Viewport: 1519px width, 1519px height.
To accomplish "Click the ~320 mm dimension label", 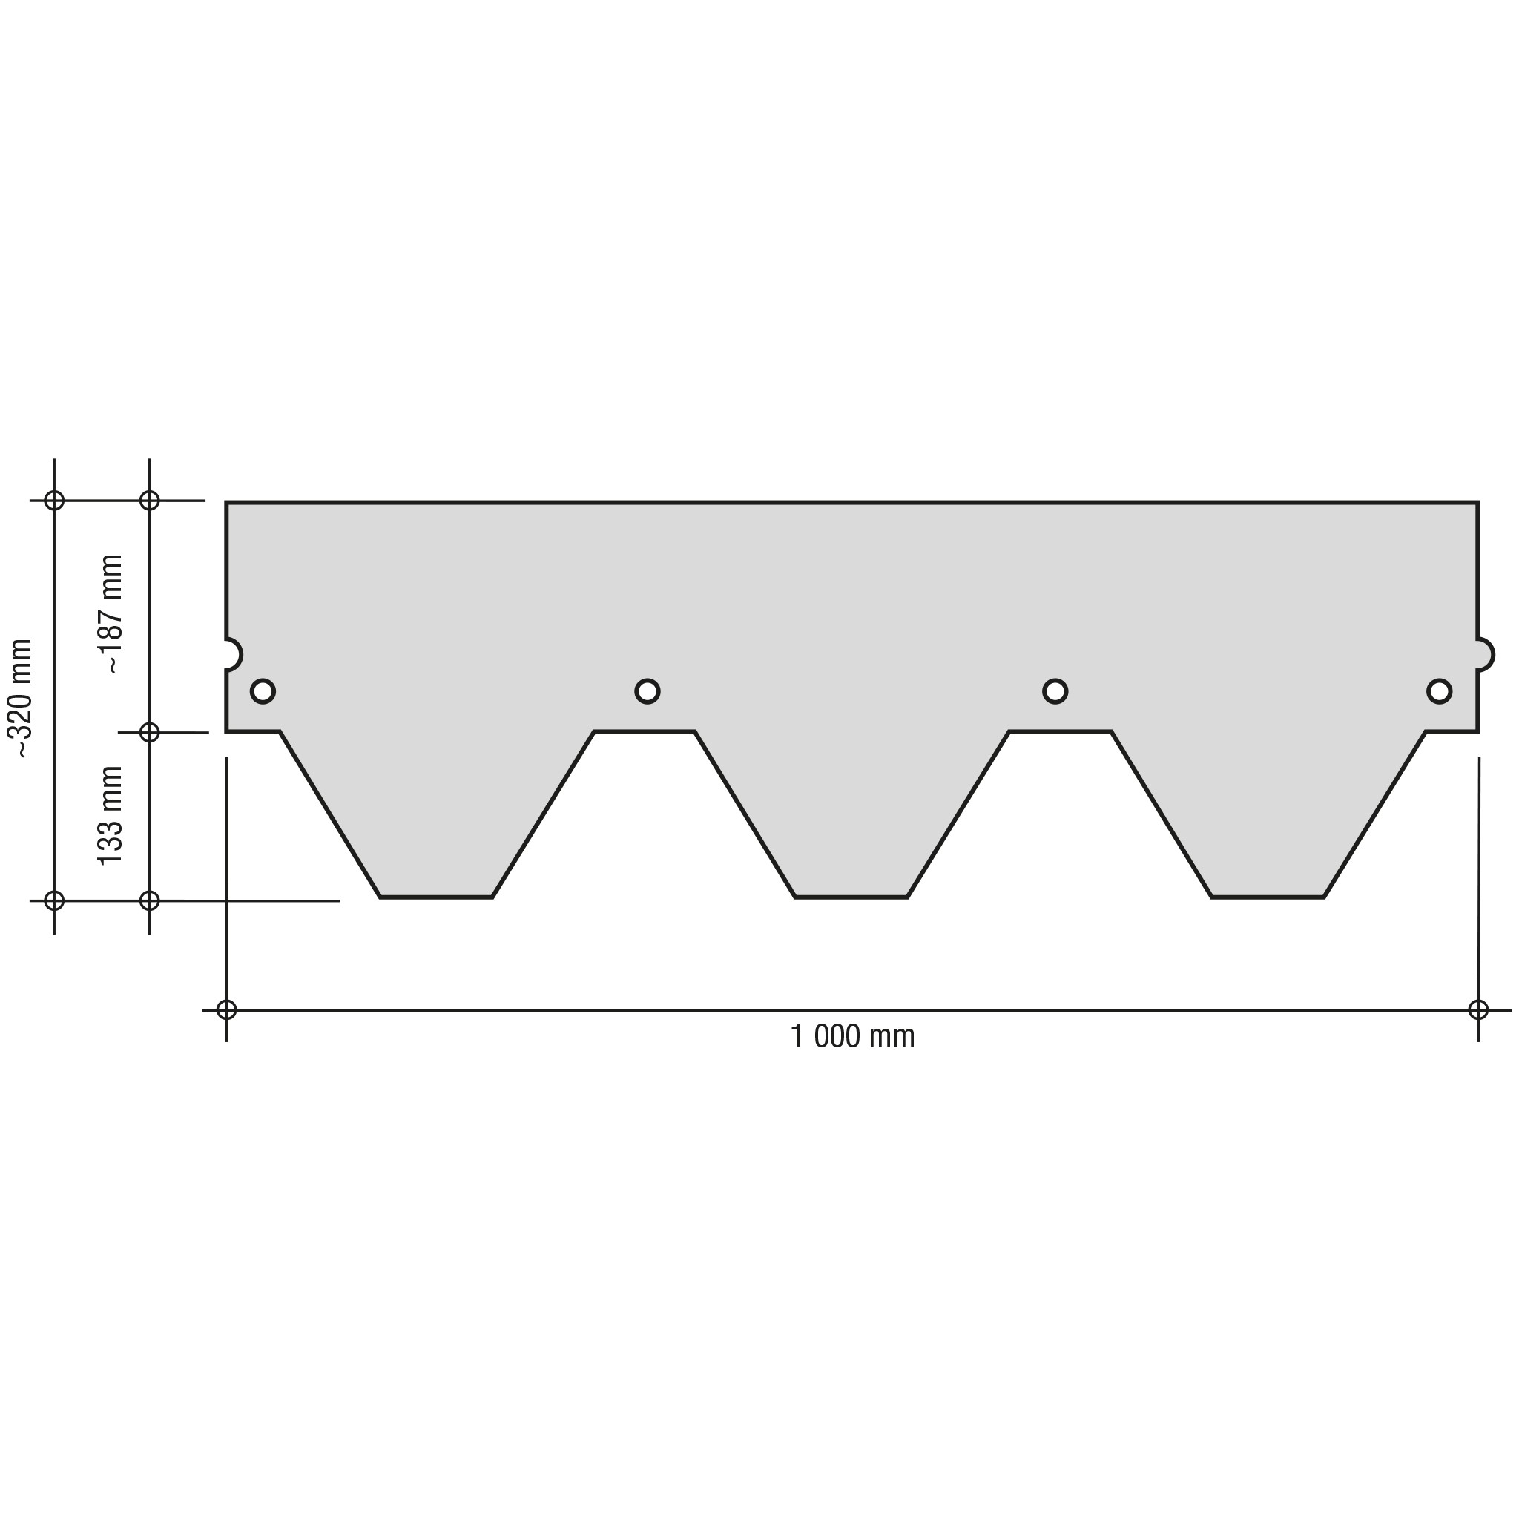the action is point(21,698).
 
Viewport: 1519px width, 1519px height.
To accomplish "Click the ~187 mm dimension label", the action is point(111,614).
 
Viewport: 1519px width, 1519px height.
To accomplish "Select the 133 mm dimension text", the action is point(111,815).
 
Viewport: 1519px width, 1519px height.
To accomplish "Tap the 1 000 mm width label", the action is point(852,1036).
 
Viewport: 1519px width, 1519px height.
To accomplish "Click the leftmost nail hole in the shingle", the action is point(263,691).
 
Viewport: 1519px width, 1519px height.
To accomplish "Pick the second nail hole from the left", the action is point(647,691).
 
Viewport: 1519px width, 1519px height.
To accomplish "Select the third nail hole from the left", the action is point(1055,691).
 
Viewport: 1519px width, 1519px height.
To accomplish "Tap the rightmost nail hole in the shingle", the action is point(1439,691).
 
